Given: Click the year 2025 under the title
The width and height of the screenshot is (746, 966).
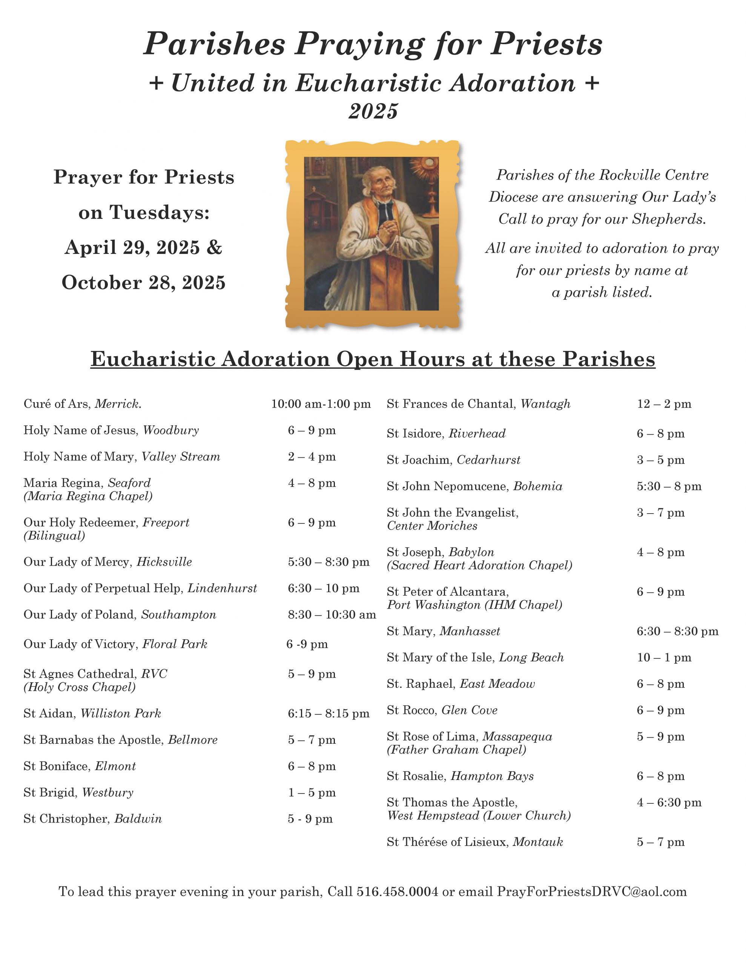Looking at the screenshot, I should coord(373,111).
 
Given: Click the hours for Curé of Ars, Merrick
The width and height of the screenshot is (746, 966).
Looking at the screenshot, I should coord(321,404).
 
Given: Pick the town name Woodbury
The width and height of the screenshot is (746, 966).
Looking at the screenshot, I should coord(171,431).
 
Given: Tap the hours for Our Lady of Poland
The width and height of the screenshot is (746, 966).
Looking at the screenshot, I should coord(332,614).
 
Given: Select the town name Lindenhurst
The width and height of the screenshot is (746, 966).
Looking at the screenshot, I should coord(222,588).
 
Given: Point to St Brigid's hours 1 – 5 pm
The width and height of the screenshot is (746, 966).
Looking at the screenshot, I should coord(312,792).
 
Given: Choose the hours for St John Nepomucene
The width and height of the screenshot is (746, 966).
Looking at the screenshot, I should coord(669,486).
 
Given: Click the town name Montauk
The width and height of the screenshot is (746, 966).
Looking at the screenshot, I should coord(538,842).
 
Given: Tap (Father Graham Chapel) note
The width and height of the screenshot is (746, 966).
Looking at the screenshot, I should coord(456,750).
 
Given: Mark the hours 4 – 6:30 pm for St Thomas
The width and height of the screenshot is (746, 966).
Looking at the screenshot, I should coord(669,802).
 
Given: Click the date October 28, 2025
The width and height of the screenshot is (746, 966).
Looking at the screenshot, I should coord(144,283).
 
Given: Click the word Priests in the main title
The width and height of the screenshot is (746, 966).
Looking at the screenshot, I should coord(546,44).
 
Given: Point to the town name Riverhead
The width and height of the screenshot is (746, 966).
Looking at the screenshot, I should coord(477,434).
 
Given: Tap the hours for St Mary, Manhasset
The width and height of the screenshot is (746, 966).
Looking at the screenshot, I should coord(677,631).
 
